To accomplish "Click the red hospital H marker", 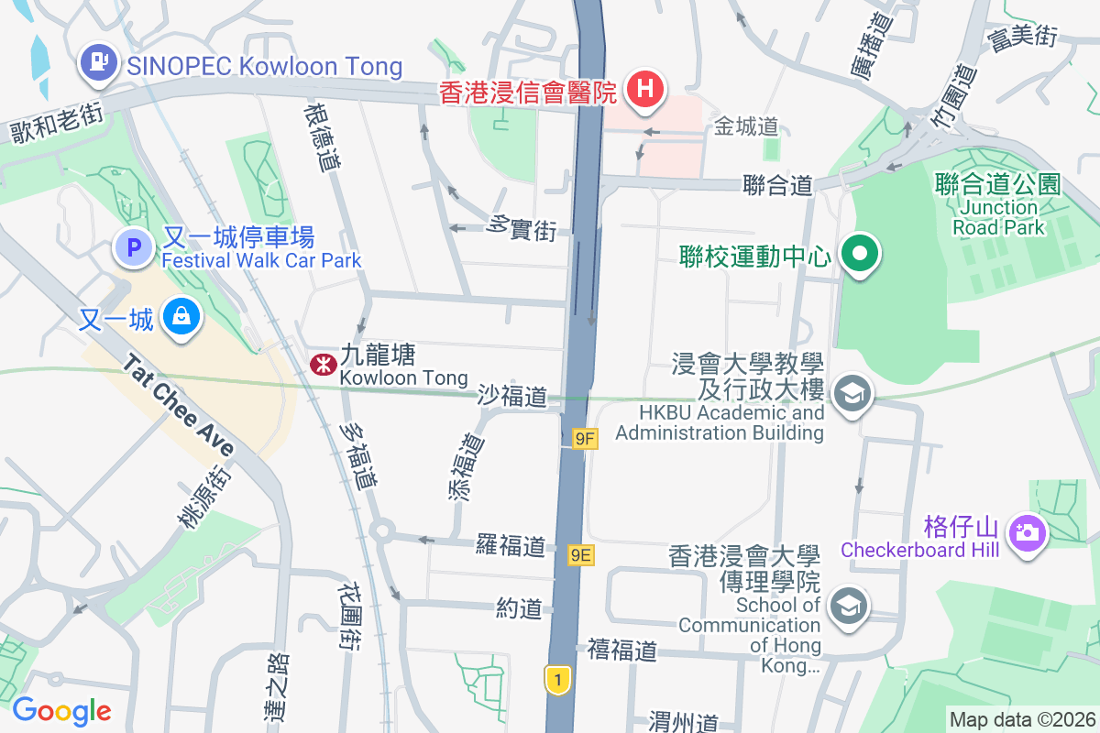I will point(645,89).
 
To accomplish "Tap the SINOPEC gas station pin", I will point(98,63).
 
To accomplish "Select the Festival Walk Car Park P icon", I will point(135,246).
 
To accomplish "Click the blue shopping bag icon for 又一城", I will point(181,318).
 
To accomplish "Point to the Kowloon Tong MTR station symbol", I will point(322,365).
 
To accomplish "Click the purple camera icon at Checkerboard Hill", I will point(1027,531).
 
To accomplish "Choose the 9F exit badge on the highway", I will point(585,440).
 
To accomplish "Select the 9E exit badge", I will point(581,554).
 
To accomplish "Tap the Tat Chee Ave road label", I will point(179,405).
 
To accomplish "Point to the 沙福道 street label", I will point(511,397).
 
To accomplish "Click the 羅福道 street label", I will point(511,546).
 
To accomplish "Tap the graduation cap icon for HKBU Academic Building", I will point(852,394).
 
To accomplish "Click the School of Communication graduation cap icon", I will point(849,606).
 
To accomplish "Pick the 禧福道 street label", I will point(622,651).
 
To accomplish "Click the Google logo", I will point(61,711).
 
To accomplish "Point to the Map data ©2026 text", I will point(1022,719).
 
